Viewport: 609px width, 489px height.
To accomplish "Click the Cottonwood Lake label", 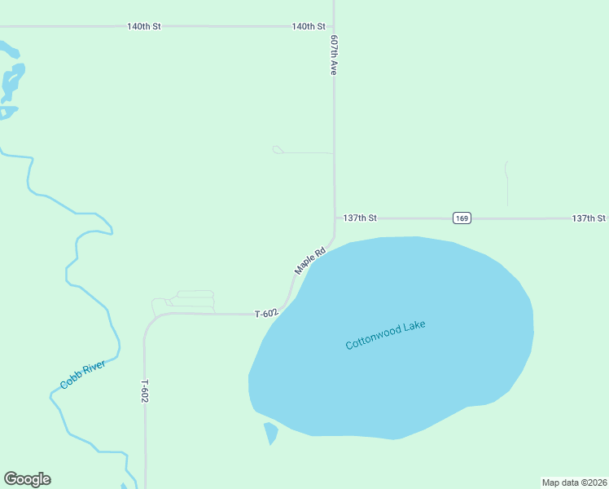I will [x=385, y=334].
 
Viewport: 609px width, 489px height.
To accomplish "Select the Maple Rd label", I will [x=309, y=261].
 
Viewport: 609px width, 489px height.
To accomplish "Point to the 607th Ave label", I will [x=334, y=55].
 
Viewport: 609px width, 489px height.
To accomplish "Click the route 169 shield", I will [x=462, y=218].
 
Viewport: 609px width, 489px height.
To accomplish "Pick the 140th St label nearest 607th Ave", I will [x=309, y=27].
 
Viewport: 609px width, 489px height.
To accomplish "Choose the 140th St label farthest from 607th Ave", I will [x=143, y=27].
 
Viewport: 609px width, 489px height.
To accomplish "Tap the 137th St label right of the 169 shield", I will [x=588, y=218].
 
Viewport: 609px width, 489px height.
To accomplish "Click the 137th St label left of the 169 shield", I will [x=360, y=218].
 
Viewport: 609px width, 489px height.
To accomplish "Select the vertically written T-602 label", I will [x=145, y=391].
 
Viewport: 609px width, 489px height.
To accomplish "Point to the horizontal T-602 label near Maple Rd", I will [x=266, y=314].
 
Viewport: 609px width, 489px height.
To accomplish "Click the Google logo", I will [x=27, y=479].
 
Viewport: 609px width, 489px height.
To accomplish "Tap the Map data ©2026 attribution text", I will [x=574, y=482].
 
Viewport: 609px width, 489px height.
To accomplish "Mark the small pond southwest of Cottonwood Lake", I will [x=270, y=434].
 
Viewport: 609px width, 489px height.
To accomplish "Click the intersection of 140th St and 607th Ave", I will [x=334, y=27].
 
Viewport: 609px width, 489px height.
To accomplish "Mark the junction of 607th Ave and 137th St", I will [x=335, y=218].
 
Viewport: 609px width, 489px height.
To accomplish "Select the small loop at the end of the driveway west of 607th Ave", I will [x=277, y=149].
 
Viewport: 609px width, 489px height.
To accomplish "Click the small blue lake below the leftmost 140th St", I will [x=11, y=80].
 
